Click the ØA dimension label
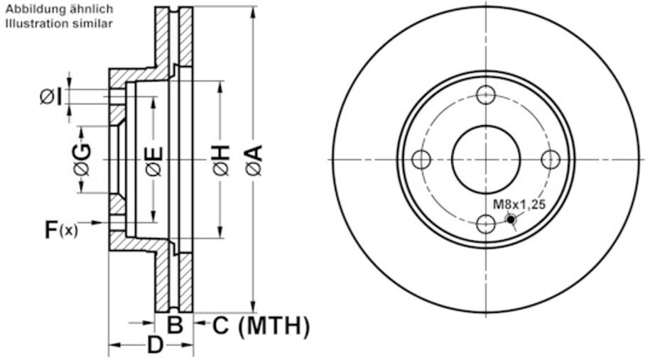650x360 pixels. pos(254,160)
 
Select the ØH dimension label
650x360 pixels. pos(221,160)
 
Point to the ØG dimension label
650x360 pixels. pos(82,160)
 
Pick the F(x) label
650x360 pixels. pos(61,229)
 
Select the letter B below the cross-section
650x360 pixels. pos(175,326)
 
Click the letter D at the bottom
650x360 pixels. pos(155,346)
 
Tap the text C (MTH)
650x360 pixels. pos(261,326)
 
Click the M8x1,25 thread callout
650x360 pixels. pos(519,204)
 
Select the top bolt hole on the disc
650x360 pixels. pos(486,94)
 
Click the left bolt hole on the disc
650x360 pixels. pos(421,159)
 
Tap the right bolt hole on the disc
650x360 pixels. pos(551,159)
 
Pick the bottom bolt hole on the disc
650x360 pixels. pos(486,224)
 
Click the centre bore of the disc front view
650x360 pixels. pos(486,159)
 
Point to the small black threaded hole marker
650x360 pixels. pos(511,219)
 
